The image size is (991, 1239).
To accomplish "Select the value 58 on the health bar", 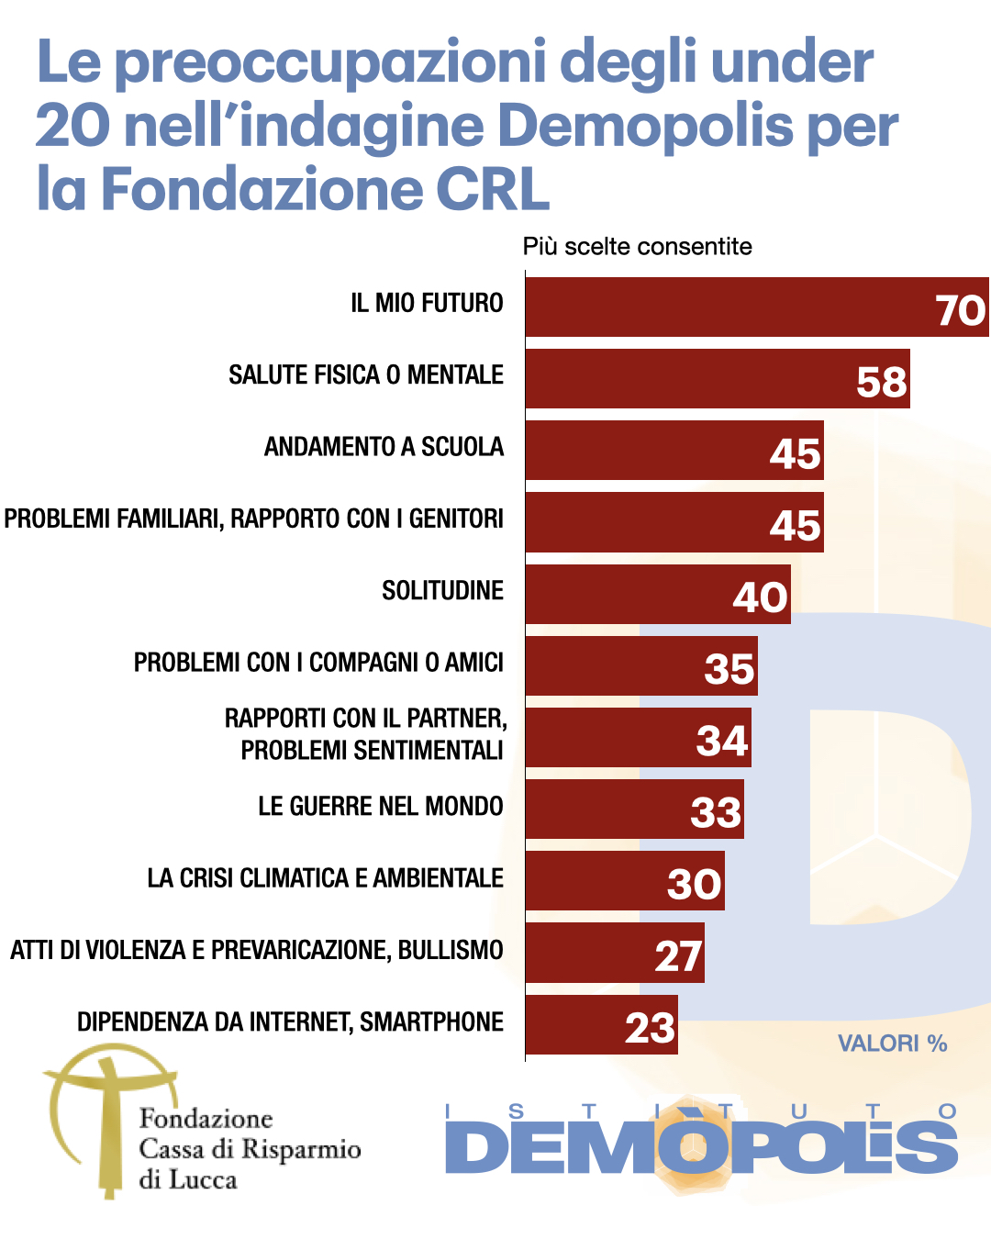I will [882, 382].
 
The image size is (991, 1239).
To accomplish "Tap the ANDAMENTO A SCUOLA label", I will [384, 447].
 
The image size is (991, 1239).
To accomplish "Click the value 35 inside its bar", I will [729, 669].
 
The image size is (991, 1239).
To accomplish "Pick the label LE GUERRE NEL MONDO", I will [380, 807].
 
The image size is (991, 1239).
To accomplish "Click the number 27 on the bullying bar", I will [678, 956].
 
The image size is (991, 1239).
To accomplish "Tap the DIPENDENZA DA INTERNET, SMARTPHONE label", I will [290, 1022].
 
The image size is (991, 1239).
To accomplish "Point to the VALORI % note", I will [892, 1044].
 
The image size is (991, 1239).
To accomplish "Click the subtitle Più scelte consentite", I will [637, 247].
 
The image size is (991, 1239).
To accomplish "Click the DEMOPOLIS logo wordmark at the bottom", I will [702, 1147].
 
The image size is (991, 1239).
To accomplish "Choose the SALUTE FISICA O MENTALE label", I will [365, 375].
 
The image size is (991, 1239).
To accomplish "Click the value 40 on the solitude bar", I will [760, 597].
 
